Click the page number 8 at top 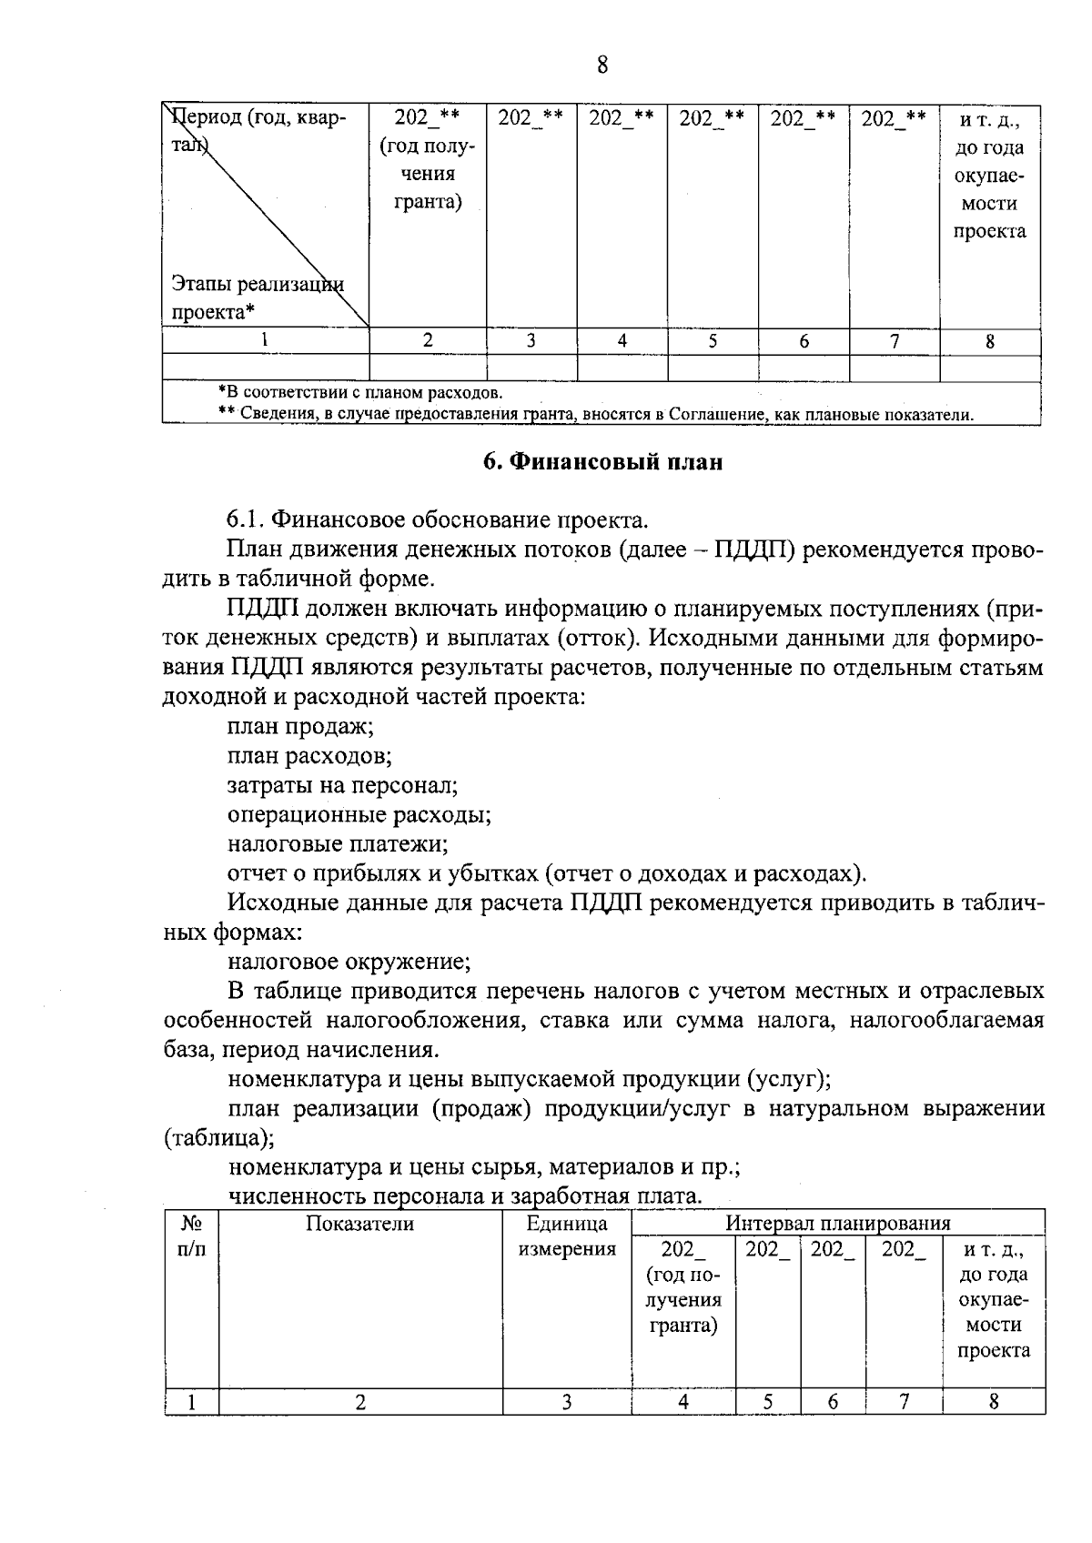tap(602, 66)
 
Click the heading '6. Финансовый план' tap(602, 462)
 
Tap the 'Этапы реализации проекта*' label tap(258, 298)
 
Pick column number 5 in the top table tap(713, 342)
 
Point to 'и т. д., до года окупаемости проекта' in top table tap(989, 175)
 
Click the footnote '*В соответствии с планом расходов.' tap(360, 393)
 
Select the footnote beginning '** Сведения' tap(595, 415)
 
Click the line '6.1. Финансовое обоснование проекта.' tap(438, 520)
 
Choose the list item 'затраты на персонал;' tap(342, 785)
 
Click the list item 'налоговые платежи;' tap(338, 843)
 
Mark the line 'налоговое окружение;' tap(349, 961)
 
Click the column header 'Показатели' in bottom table tap(359, 1224)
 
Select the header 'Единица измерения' tap(567, 1236)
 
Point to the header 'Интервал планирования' tap(837, 1223)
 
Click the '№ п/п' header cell tap(191, 1236)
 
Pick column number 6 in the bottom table tap(833, 1402)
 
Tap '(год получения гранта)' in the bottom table tap(683, 1300)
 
